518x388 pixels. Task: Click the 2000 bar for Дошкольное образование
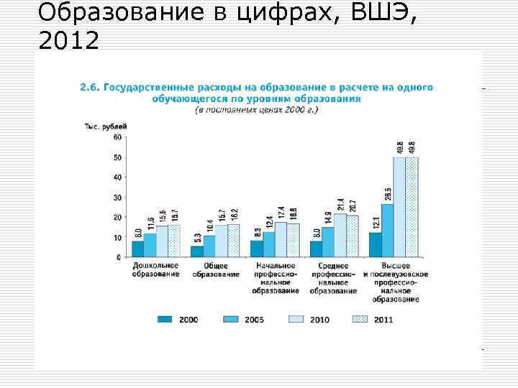[x=137, y=249]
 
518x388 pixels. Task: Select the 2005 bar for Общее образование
[x=209, y=246]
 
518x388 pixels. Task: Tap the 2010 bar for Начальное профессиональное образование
[x=281, y=239]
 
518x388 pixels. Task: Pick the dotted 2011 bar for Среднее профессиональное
[x=352, y=236]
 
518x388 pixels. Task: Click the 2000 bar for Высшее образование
[x=375, y=245]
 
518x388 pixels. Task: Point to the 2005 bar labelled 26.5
[x=387, y=231]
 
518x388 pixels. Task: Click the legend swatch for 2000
[x=166, y=319]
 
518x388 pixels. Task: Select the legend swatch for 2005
[x=232, y=319]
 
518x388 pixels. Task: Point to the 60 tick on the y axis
[x=117, y=137]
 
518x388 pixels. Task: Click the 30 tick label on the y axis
[x=117, y=197]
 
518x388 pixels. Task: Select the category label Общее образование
[x=216, y=272]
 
